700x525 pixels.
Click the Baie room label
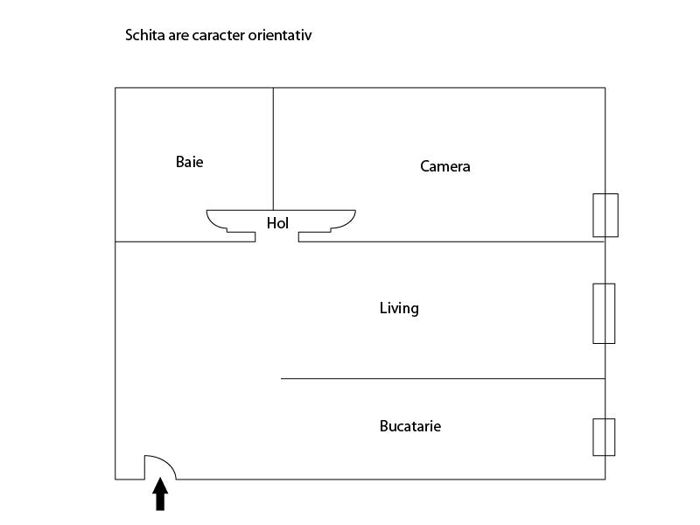(x=189, y=162)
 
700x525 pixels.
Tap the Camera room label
(x=445, y=166)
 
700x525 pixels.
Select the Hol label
(x=277, y=223)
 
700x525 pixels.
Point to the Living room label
(x=399, y=309)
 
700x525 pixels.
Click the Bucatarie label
(x=410, y=426)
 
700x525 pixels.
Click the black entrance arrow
(x=160, y=493)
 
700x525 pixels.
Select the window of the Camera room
(x=605, y=215)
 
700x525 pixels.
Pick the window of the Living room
(x=604, y=313)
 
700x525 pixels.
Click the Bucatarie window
(x=604, y=437)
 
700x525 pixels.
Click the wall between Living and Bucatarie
(x=443, y=379)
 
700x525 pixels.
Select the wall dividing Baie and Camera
(x=273, y=149)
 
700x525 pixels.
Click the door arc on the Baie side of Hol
(x=215, y=223)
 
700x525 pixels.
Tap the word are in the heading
(x=178, y=36)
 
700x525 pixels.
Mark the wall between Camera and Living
(x=451, y=241)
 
